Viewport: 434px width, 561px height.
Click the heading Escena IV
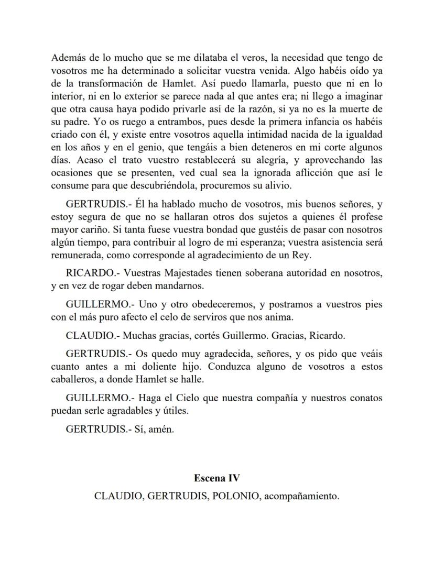coord(216,478)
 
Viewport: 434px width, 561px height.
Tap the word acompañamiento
coord(301,496)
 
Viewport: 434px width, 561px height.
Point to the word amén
coord(161,429)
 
